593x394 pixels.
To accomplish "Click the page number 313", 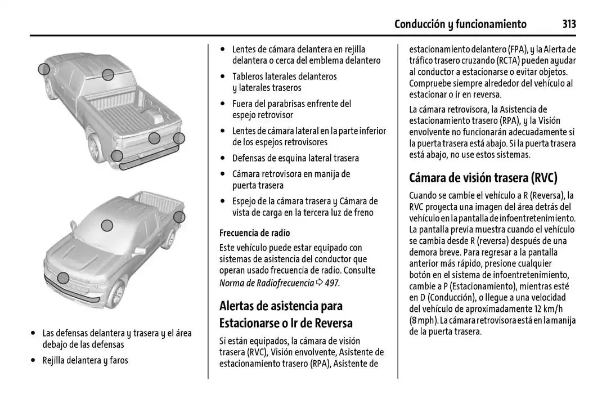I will tap(569, 24).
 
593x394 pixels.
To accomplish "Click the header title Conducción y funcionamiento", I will tap(460, 24).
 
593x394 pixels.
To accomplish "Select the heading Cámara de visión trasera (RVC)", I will tap(483, 178).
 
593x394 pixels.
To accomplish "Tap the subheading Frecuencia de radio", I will tap(254, 232).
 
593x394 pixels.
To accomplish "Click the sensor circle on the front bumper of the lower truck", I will tap(64, 277).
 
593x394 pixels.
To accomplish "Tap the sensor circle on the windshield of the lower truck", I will tap(107, 226).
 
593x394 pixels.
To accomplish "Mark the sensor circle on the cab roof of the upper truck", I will tap(108, 74).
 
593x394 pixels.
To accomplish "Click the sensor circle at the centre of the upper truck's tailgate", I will tap(154, 138).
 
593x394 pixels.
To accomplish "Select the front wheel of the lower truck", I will tap(116, 294).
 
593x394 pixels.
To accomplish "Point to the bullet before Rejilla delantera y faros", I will tap(35, 360).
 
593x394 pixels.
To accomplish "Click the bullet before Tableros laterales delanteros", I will tap(224, 77).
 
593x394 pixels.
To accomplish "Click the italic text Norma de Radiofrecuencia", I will tap(266, 283).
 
